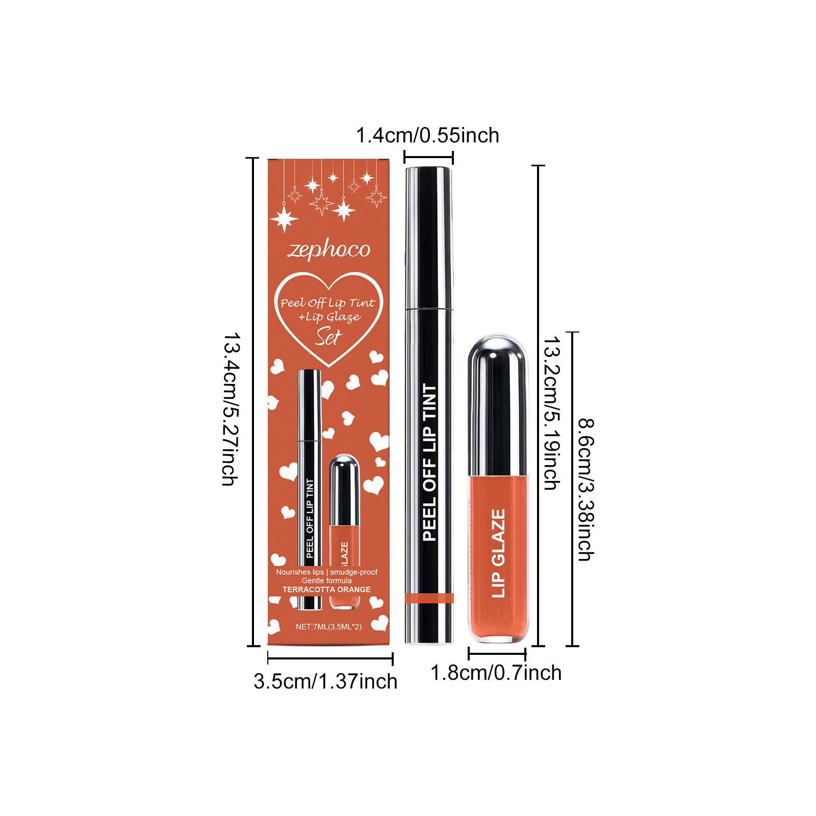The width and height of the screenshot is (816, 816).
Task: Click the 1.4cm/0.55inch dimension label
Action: (427, 136)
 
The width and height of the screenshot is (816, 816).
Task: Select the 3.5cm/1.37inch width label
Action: (325, 681)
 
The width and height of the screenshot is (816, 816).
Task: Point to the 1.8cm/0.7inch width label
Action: (496, 673)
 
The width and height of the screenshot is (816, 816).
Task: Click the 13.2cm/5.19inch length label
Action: (551, 413)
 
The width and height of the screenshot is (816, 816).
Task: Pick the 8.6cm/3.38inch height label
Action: (585, 490)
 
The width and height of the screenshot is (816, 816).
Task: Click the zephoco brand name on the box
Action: (329, 250)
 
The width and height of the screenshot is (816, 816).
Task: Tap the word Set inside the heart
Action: (328, 337)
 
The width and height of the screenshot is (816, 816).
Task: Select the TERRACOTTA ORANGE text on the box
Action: (326, 590)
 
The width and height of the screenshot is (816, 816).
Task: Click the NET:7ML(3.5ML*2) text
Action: (328, 627)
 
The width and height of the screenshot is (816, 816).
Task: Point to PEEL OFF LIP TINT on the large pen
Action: (429, 462)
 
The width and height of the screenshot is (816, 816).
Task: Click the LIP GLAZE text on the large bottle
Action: (498, 553)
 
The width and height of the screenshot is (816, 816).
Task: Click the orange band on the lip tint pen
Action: (429, 598)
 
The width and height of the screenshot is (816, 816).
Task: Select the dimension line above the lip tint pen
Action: (428, 158)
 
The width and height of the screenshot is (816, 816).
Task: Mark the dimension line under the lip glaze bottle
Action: (497, 653)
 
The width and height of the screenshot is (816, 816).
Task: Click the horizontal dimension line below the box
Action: (330, 658)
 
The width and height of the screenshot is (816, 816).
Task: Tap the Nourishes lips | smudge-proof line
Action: (326, 572)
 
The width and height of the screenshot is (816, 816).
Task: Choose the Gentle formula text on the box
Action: (326, 581)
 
